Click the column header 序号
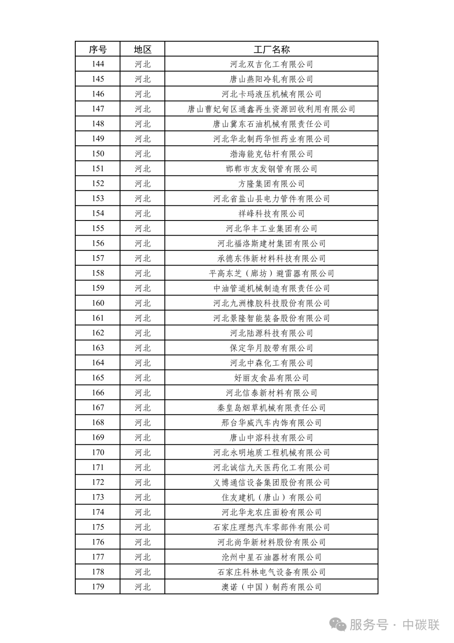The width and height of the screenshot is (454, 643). click(x=98, y=49)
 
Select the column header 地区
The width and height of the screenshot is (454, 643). click(x=143, y=49)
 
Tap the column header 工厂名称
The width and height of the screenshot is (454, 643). click(x=272, y=49)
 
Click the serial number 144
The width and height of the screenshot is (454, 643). click(x=98, y=64)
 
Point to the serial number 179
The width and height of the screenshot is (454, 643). click(x=98, y=587)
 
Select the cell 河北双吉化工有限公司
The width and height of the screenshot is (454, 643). click(x=272, y=64)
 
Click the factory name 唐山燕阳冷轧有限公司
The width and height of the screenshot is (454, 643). click(x=272, y=79)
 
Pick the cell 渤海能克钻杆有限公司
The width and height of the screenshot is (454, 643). click(x=272, y=154)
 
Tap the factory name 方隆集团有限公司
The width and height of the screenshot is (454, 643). click(x=272, y=184)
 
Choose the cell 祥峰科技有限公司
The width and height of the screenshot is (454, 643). click(x=272, y=214)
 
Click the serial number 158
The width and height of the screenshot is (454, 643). click(x=98, y=273)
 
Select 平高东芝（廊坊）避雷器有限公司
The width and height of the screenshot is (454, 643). click(x=272, y=274)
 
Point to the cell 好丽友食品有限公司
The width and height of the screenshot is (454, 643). click(x=272, y=378)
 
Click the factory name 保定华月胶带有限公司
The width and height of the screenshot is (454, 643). click(x=272, y=348)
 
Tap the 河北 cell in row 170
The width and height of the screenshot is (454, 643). click(x=143, y=452)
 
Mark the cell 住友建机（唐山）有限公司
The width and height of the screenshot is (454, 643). click(x=272, y=497)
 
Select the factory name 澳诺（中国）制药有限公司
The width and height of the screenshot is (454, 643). click(x=272, y=587)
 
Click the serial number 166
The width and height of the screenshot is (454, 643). click(x=98, y=393)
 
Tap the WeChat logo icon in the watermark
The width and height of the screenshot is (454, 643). click(x=338, y=624)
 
